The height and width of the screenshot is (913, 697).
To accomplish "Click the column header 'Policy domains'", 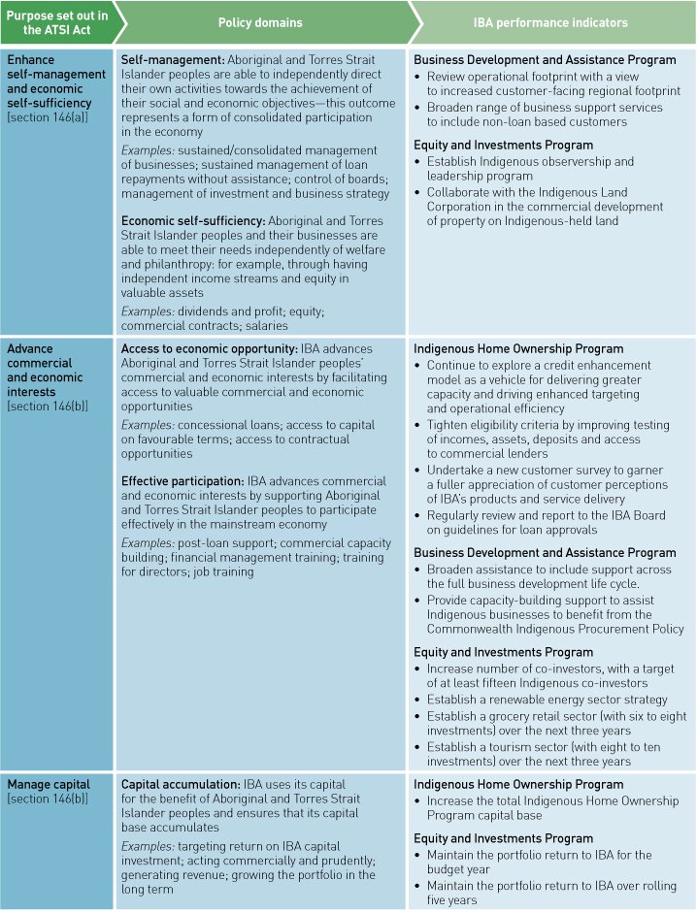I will click(259, 22).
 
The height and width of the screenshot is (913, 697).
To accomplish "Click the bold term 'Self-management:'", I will click(172, 60).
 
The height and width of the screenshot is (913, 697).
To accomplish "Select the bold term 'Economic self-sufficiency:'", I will click(193, 221).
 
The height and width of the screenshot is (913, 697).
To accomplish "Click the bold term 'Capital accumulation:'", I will click(180, 784).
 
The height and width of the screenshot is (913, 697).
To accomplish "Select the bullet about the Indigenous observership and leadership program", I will click(529, 169).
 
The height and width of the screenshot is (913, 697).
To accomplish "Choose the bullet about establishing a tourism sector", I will click(544, 754).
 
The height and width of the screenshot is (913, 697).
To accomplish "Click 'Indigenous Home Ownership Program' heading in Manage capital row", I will click(517, 784).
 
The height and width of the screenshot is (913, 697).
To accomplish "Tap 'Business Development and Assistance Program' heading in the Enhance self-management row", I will click(545, 60).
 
